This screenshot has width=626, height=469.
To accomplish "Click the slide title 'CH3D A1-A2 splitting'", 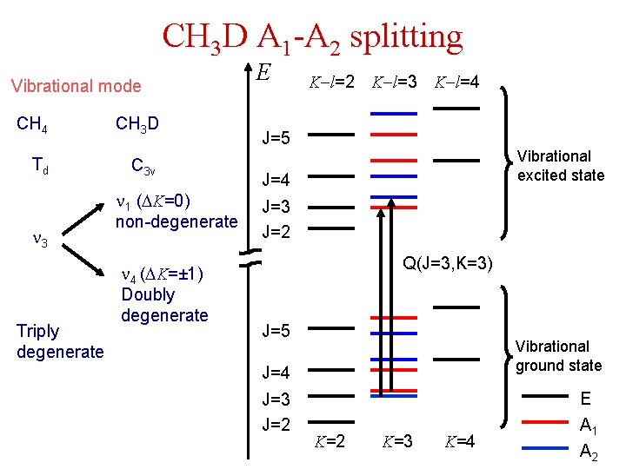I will point(312,37).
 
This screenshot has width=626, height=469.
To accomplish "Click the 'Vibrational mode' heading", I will point(75,85).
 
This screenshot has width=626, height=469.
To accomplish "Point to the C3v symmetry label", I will point(143,165).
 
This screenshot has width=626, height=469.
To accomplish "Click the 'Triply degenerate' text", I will point(59,340).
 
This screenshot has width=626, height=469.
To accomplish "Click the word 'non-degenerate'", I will point(176,221).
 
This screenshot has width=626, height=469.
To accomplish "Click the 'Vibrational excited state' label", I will point(561,165).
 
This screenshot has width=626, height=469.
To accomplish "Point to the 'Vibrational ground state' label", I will point(557,355).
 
